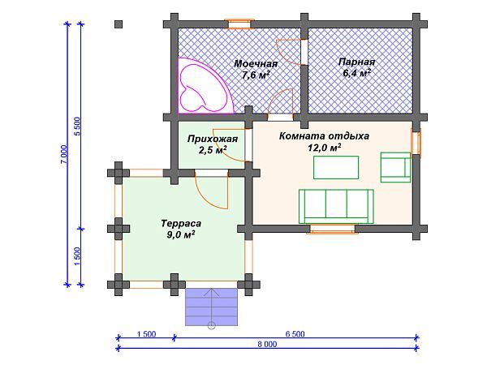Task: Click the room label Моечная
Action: click(256, 63)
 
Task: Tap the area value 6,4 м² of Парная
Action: click(356, 74)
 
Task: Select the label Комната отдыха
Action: click(324, 136)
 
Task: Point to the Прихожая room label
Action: click(213, 139)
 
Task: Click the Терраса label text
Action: click(181, 224)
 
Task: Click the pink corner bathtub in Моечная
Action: click(204, 86)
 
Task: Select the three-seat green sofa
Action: click(336, 206)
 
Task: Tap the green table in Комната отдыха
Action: click(336, 168)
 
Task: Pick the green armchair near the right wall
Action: click(396, 167)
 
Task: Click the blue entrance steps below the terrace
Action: click(212, 307)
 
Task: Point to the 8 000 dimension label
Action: click(267, 344)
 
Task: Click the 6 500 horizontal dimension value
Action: click(295, 334)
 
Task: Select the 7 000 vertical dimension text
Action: click(63, 155)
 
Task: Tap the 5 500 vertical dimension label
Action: click(77, 126)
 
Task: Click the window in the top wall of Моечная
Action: click(239, 24)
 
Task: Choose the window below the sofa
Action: click(332, 229)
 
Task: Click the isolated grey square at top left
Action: click(119, 24)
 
